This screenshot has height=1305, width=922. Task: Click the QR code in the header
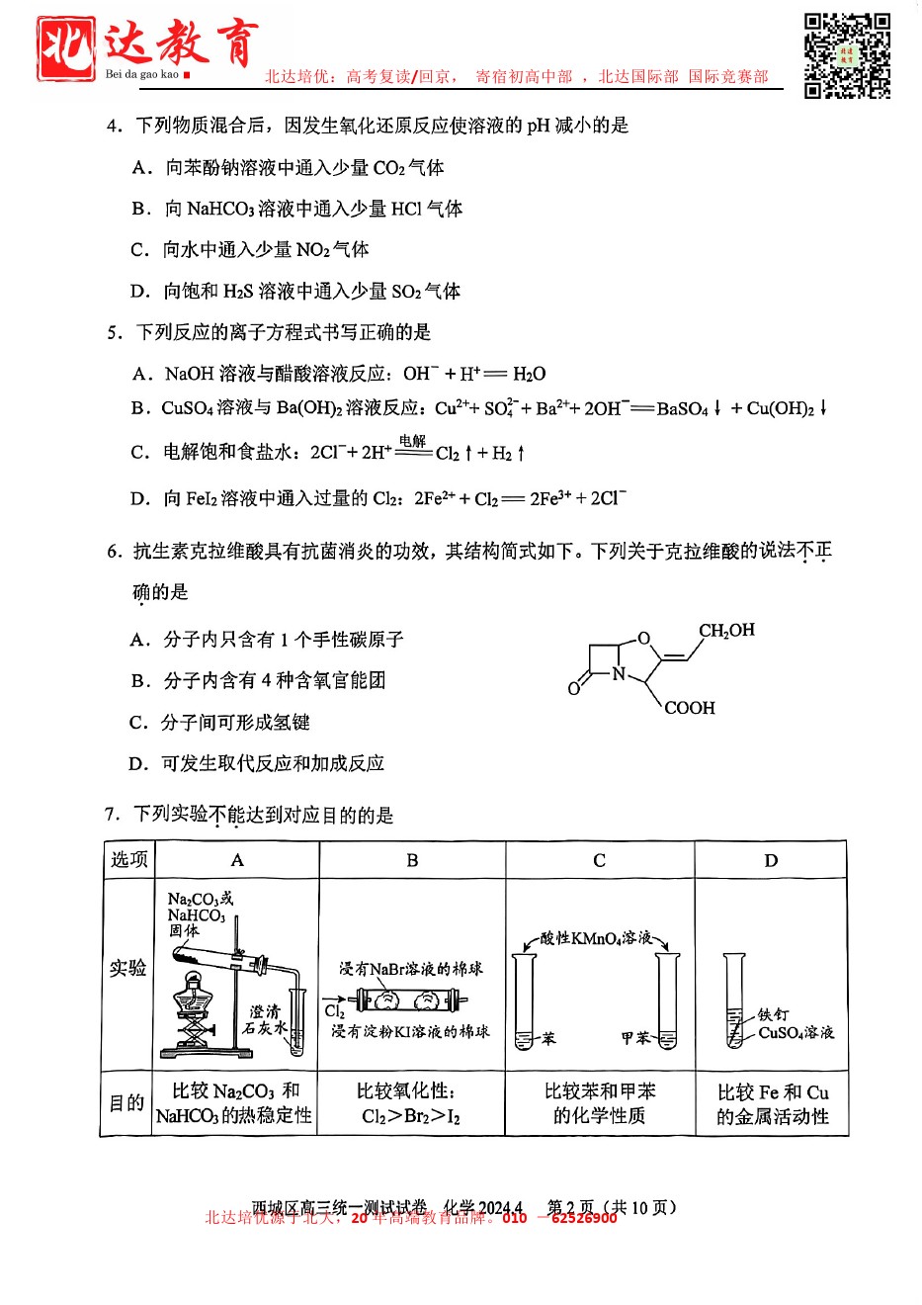coord(847,56)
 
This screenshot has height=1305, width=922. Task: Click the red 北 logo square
coord(65,48)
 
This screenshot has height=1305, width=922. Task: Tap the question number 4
coord(114,126)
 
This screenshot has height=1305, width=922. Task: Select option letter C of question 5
coord(139,452)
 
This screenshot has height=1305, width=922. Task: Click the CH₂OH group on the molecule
coord(726,631)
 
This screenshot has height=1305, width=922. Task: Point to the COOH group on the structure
coord(689,708)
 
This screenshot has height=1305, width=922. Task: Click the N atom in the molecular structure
coord(619,674)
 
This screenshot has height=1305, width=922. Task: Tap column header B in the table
coord(412,860)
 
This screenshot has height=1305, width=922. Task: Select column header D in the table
coord(771,860)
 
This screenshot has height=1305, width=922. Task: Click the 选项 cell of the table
coord(129,860)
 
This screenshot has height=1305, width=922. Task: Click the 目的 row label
coord(127,1102)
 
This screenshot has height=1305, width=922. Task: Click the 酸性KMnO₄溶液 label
coord(596,937)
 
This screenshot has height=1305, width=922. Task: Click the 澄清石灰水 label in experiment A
coord(265,1019)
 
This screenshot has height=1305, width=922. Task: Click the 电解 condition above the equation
coord(413,441)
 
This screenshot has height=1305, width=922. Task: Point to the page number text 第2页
coord(571,1207)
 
